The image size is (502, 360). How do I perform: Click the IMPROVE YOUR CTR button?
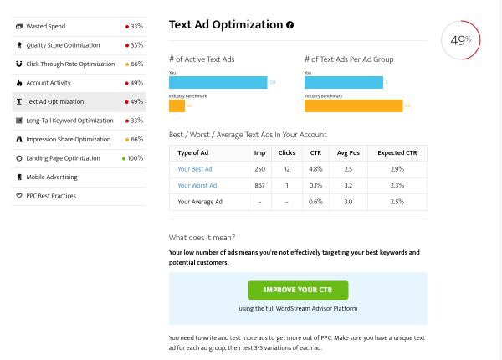298,290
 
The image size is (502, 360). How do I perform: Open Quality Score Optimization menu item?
62,45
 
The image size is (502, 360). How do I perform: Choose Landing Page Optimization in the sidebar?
63,158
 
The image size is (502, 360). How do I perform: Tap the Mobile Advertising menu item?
52,177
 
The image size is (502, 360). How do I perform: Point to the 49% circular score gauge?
460,39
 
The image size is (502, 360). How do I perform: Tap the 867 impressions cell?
259,185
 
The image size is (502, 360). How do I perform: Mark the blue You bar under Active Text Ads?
218,82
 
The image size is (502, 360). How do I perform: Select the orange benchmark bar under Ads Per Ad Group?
354,105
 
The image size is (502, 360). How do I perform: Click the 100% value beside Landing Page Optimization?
135,158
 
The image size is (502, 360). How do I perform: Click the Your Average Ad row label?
201,202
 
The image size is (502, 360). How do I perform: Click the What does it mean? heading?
202,238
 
